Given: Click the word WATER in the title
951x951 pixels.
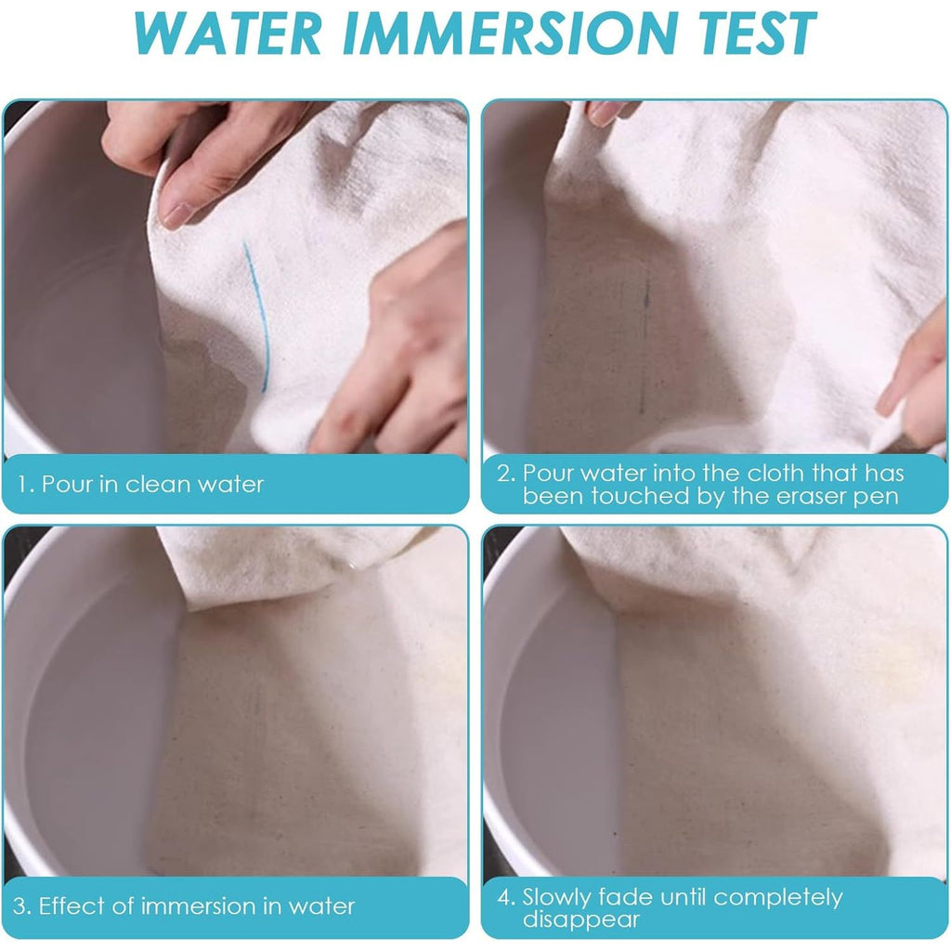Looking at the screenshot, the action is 228,33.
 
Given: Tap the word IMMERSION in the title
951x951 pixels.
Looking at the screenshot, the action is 510,33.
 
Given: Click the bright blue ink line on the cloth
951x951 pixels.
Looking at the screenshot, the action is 257,316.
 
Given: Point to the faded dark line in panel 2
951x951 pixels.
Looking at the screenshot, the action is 645,345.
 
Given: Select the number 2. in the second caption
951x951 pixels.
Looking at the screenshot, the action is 506,473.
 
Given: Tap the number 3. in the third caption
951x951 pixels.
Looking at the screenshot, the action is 22,906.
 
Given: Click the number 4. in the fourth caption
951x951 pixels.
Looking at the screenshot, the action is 506,897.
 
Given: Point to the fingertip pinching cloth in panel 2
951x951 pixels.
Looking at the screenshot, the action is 606,114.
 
